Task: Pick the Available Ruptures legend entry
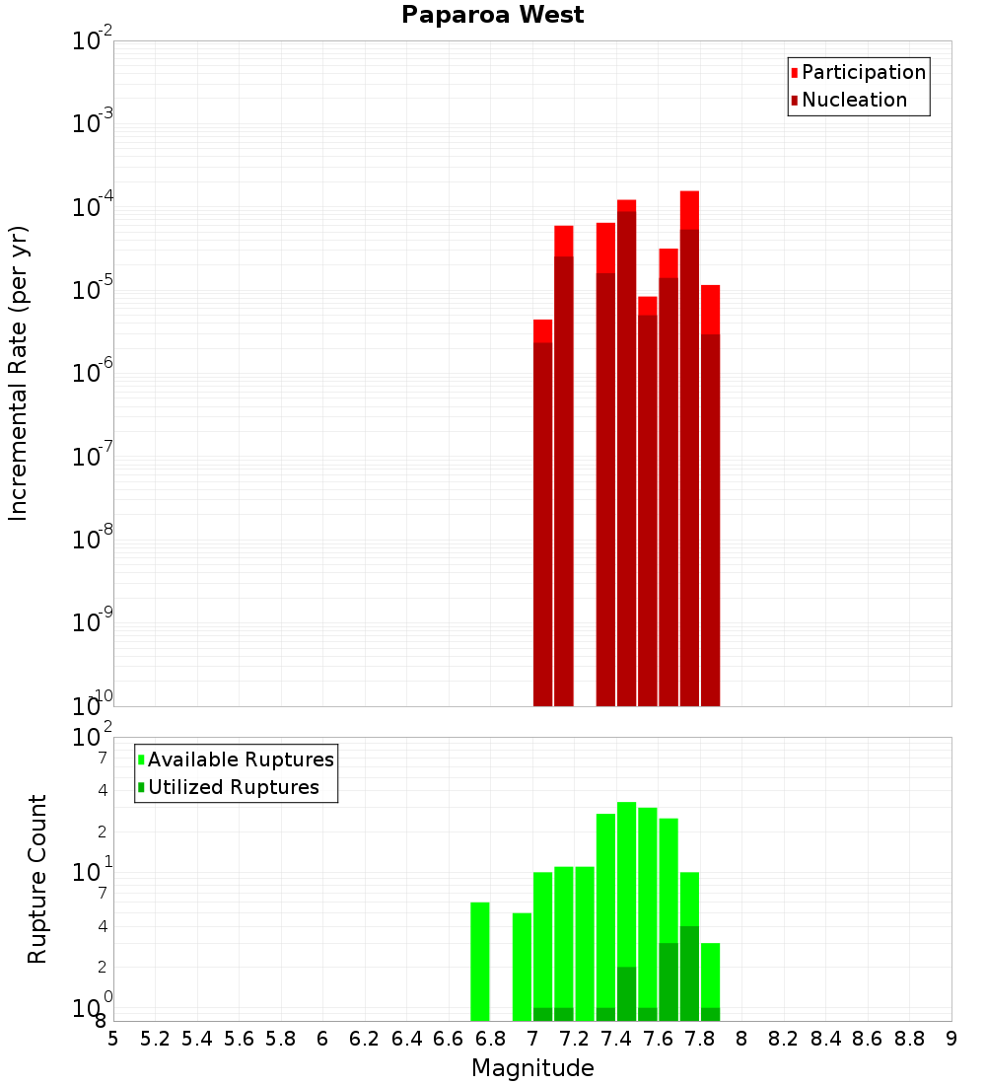pyautogui.click(x=240, y=759)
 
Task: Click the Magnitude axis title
pyautogui.click(x=532, y=1068)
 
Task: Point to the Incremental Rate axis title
pyautogui.click(x=19, y=373)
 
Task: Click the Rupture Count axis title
pyautogui.click(x=37, y=878)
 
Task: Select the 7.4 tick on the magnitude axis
pyautogui.click(x=616, y=1039)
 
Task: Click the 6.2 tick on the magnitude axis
pyautogui.click(x=365, y=1039)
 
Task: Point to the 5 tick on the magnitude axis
pyautogui.click(x=113, y=1039)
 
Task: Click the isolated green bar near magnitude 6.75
pyautogui.click(x=480, y=962)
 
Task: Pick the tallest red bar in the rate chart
pyautogui.click(x=689, y=444)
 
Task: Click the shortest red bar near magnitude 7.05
pyautogui.click(x=542, y=513)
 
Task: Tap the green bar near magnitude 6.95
pyautogui.click(x=522, y=967)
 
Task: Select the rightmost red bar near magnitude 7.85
pyautogui.click(x=710, y=493)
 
